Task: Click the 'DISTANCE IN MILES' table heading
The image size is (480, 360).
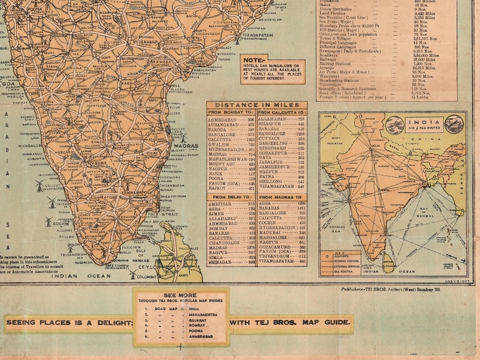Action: [x=256, y=104]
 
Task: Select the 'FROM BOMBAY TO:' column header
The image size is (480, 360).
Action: [x=232, y=112]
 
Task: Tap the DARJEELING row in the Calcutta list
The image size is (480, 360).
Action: [x=273, y=143]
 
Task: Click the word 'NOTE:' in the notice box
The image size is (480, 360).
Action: [x=252, y=60]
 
